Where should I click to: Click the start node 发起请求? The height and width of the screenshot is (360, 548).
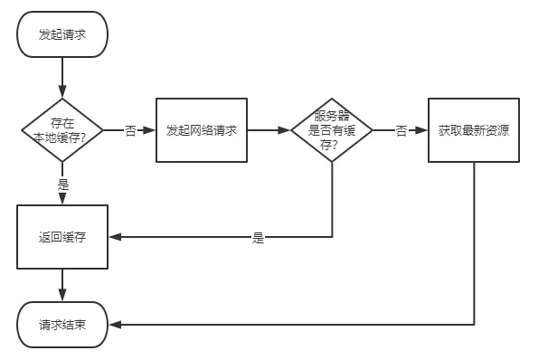pyautogui.click(x=62, y=35)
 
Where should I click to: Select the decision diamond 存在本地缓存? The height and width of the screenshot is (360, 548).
pyautogui.click(x=62, y=130)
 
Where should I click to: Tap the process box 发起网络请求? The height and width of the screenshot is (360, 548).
pyautogui.click(x=202, y=130)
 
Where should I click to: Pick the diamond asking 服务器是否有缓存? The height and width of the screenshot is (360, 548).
pyautogui.click(x=332, y=130)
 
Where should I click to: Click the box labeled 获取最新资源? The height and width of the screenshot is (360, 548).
pyautogui.click(x=473, y=130)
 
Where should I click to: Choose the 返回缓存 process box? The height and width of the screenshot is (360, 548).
pyautogui.click(x=62, y=237)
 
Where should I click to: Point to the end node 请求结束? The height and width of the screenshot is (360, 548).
pyautogui.click(x=62, y=324)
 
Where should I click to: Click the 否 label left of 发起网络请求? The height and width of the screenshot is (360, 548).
pyautogui.click(x=130, y=131)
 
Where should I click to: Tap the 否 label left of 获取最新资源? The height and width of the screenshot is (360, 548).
pyautogui.click(x=402, y=131)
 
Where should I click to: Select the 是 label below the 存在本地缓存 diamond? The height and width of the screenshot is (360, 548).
pyautogui.click(x=63, y=184)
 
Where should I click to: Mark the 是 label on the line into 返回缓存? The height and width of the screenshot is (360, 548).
pyautogui.click(x=258, y=238)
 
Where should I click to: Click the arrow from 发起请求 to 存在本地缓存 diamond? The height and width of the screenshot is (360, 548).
pyautogui.click(x=62, y=76)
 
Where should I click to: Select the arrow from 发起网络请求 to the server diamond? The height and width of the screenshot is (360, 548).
pyautogui.click(x=269, y=130)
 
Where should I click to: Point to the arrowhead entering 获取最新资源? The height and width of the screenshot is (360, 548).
pyautogui.click(x=422, y=130)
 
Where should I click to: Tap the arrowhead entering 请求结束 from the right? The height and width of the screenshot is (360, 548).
pyautogui.click(x=114, y=324)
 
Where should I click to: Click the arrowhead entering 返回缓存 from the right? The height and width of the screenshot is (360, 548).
pyautogui.click(x=115, y=237)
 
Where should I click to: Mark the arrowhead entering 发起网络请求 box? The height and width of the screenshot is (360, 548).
pyautogui.click(x=150, y=130)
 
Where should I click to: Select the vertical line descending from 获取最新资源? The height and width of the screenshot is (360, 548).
pyautogui.click(x=474, y=244)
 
